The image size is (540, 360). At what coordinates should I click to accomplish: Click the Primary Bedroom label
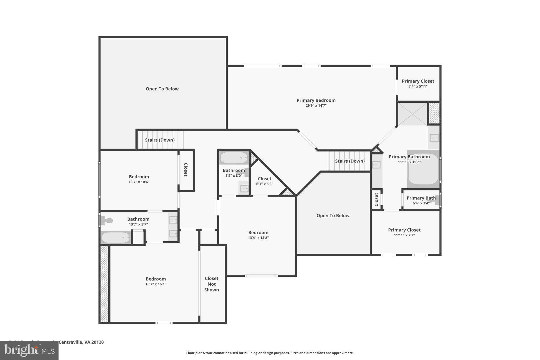pos(316,100)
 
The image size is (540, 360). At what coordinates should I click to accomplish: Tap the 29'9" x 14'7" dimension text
pos(316,105)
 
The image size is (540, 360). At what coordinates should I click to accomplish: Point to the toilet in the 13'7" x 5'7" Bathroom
pos(107,220)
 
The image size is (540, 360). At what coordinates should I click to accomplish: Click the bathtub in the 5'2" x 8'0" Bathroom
pos(234,158)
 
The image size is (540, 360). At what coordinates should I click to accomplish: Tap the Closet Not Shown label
pos(211,284)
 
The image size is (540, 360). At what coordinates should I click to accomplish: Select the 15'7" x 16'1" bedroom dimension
pos(156,284)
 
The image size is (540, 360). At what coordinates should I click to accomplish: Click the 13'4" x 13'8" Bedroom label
pos(258,233)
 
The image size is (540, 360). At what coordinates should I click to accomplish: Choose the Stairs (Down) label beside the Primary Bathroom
pos(350,161)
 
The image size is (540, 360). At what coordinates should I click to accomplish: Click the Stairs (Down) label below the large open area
pos(160,140)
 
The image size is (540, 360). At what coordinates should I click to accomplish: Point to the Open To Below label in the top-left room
pos(162,89)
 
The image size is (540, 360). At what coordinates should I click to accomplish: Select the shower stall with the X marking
pos(412,114)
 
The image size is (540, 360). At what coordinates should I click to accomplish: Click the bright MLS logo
pos(29,350)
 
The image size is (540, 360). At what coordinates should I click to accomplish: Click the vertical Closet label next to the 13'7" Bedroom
pos(186,170)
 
